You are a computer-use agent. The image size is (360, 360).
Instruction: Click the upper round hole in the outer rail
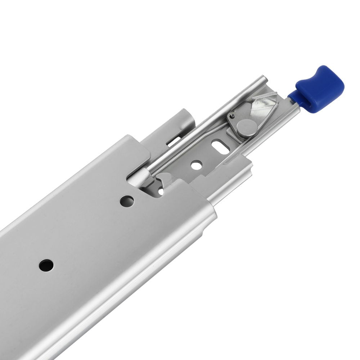pyautogui.click(x=127, y=201)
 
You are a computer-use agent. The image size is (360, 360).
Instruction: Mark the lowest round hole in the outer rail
pyautogui.click(x=46, y=265)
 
